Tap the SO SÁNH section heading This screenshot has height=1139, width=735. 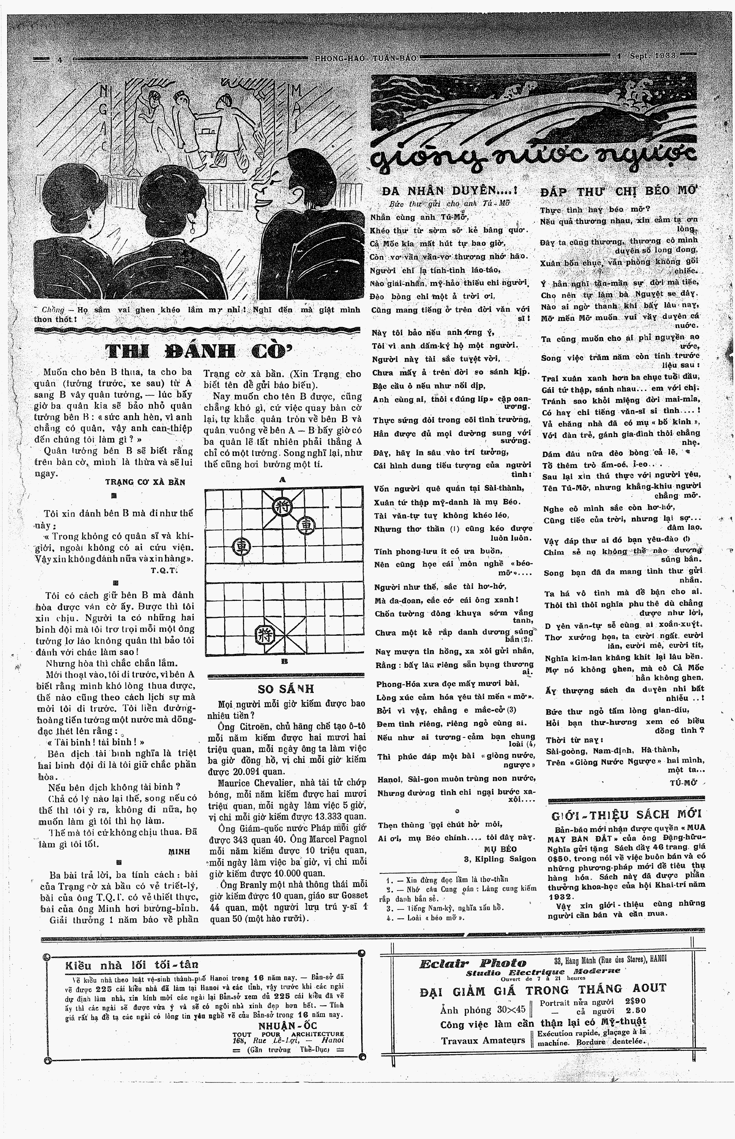[286, 689]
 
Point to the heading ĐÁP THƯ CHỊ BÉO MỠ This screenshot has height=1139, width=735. [619, 192]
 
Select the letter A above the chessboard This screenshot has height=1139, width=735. [282, 479]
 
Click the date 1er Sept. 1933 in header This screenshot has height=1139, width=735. [646, 56]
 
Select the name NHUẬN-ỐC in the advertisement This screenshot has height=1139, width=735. [286, 1025]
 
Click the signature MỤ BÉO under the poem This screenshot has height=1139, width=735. [500, 849]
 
